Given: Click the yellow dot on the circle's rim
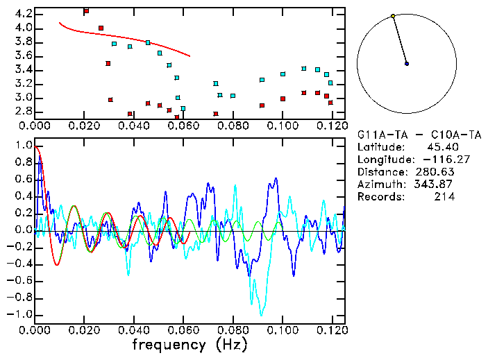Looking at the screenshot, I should [393, 16].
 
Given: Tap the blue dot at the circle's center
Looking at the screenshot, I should [407, 64].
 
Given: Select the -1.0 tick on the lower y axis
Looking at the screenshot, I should [21, 314].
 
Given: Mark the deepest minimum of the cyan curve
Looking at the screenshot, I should [261, 315].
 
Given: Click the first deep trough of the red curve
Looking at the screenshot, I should [57, 265].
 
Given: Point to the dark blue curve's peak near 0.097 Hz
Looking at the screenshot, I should [276, 178].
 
